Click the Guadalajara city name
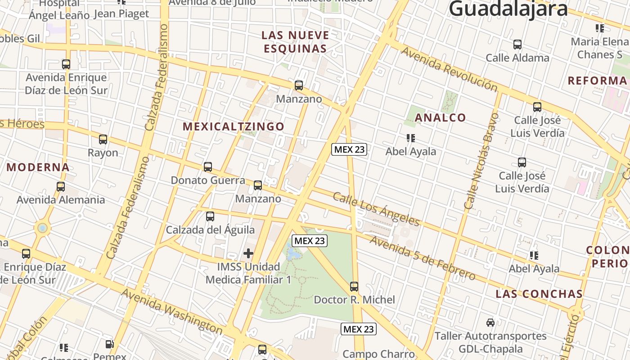508,9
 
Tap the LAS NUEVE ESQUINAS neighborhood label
295,42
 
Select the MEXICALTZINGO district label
234,126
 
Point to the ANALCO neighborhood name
440,118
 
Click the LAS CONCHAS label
539,294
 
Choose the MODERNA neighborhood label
38,167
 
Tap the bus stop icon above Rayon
103,139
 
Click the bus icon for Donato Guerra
207,167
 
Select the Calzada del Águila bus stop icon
210,216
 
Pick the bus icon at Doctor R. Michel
354,286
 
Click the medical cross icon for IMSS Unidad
248,253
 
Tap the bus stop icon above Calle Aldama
517,45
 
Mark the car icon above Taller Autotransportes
490,322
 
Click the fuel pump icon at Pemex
110,345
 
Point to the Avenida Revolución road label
449,69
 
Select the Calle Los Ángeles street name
376,209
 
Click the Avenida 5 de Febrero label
422,257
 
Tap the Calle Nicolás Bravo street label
481,161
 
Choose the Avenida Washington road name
172,311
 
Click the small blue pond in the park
294,254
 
